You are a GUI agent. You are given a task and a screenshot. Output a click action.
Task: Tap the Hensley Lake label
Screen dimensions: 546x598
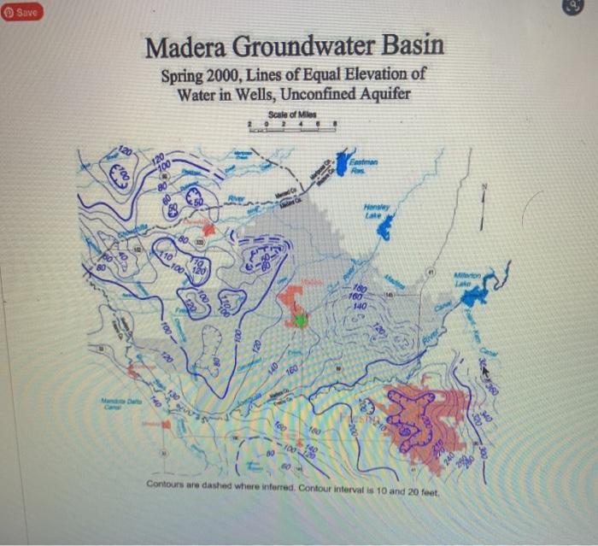[x=376, y=209]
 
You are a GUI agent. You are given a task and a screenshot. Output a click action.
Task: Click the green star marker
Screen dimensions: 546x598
[x=300, y=320]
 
